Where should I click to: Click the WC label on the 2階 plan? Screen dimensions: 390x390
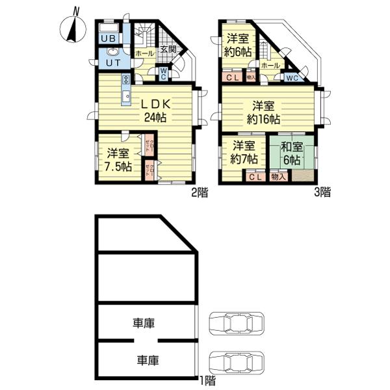[163, 75]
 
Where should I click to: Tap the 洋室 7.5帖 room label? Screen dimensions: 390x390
[119, 160]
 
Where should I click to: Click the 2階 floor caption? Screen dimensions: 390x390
[200, 192]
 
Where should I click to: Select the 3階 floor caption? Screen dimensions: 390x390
[322, 192]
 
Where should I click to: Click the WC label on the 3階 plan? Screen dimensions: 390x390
[291, 78]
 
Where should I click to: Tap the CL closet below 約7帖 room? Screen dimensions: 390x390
[255, 176]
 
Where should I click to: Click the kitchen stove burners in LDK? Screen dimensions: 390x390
[125, 81]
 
